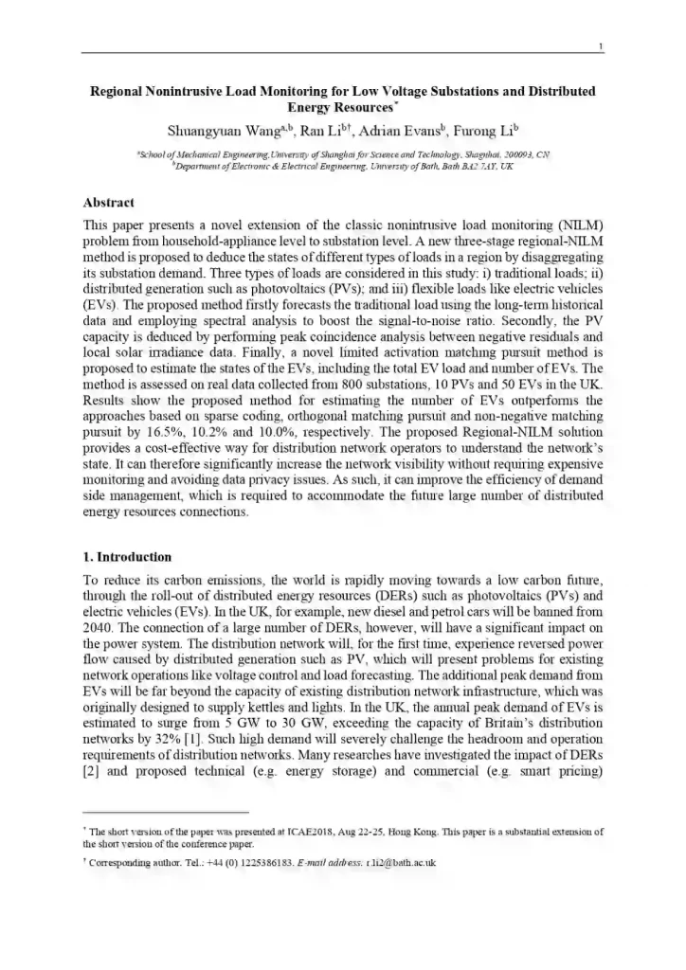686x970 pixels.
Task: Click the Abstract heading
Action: (x=109, y=203)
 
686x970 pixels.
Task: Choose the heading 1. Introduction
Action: (x=128, y=557)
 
